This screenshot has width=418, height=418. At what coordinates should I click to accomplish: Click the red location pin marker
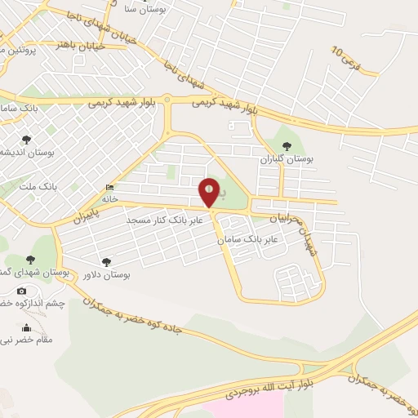(210, 193)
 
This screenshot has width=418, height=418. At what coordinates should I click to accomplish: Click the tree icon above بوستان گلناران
(286, 146)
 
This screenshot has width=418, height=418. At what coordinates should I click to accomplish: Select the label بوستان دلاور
(110, 274)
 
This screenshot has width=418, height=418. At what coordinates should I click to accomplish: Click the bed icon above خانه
(109, 188)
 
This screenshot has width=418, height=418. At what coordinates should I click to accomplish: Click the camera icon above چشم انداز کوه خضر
(21, 291)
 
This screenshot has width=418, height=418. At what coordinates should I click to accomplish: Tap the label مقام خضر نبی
(26, 339)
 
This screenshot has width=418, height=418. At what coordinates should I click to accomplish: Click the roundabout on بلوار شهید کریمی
(167, 100)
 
